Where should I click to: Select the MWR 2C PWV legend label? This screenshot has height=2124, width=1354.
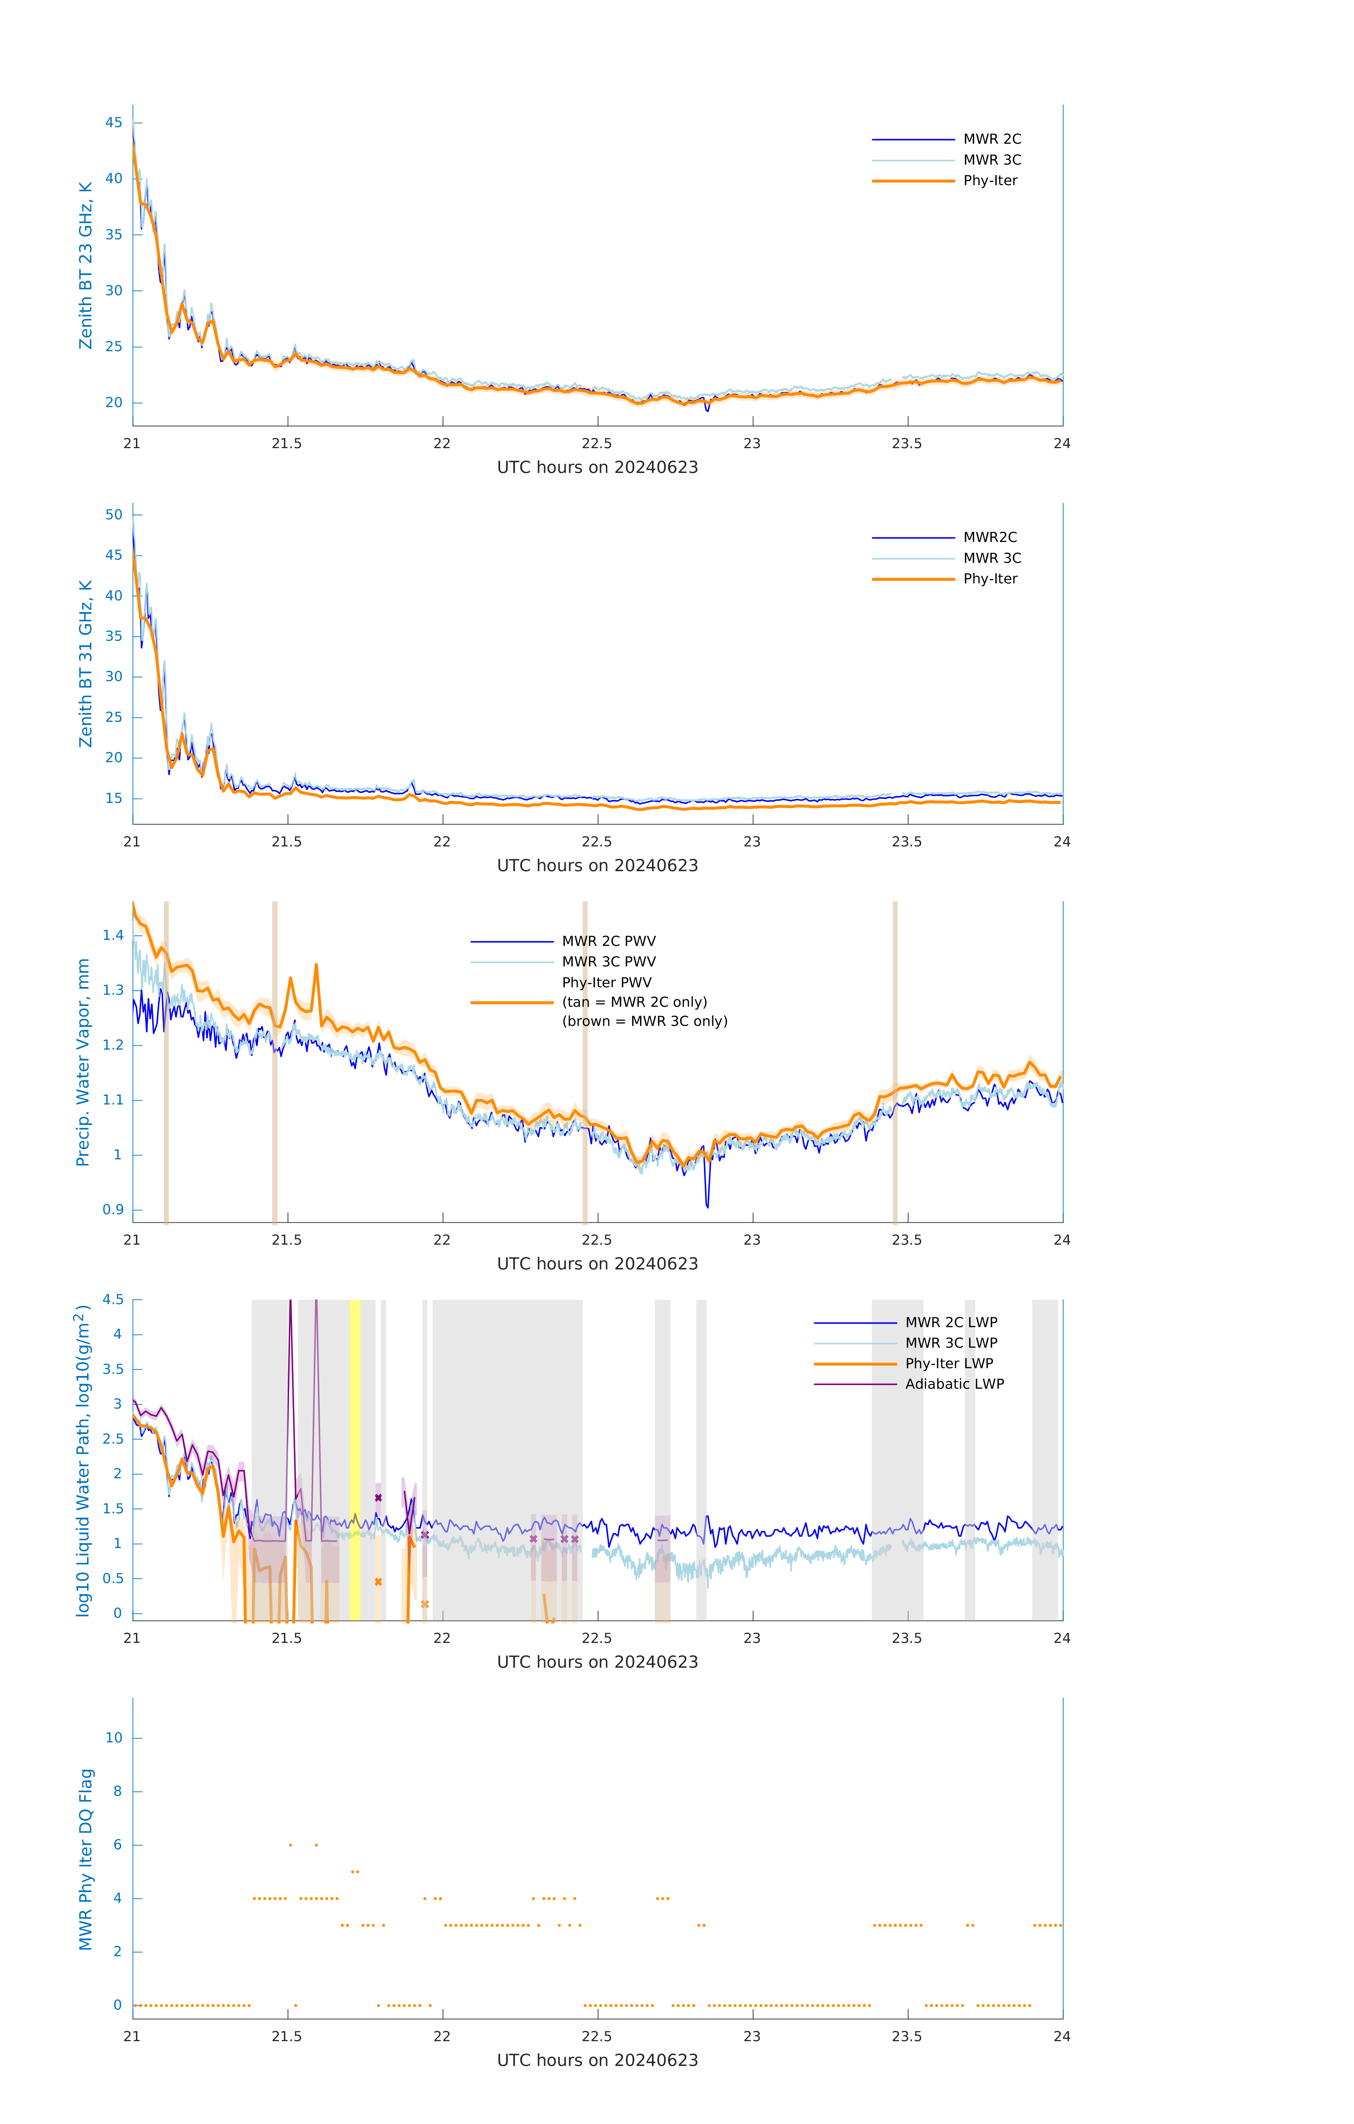click(609, 941)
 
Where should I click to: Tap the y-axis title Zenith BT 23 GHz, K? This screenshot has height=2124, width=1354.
click(86, 265)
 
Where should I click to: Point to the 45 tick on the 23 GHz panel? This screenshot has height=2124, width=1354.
click(114, 122)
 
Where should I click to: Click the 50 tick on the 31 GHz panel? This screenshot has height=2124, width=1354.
click(114, 514)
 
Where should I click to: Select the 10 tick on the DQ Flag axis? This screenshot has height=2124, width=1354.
click(114, 1738)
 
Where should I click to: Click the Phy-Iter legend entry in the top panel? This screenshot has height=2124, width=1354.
click(990, 181)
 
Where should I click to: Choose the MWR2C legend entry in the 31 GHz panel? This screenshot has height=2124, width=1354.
click(990, 537)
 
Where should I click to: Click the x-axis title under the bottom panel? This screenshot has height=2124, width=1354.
click(597, 2061)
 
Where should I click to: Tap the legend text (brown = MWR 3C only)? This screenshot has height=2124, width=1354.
click(645, 1021)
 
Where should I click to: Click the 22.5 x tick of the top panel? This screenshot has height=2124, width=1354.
click(597, 444)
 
